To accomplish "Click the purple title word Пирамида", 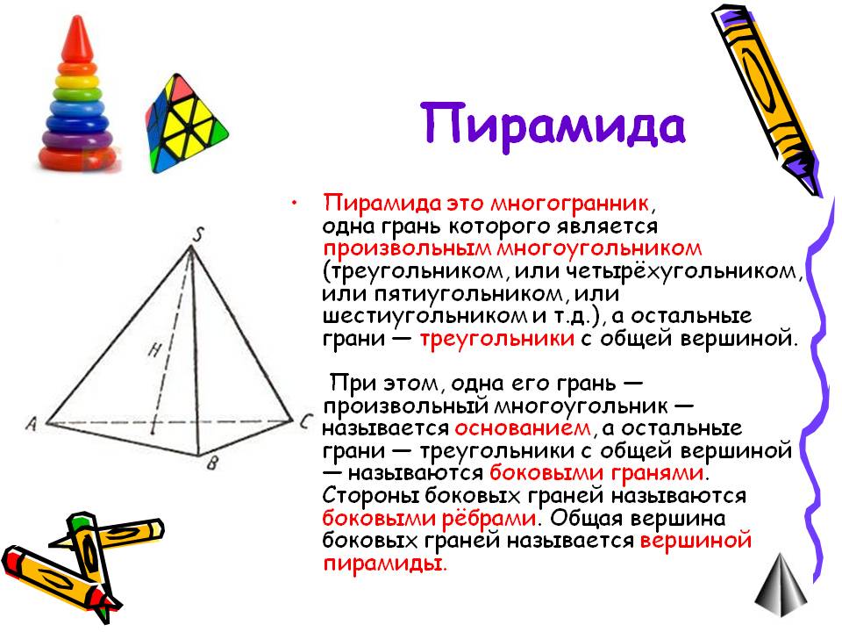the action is click(553, 126).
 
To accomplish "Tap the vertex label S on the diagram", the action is click(199, 234).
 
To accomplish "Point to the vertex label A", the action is click(32, 424).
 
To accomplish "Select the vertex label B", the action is click(212, 463).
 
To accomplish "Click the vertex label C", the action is click(305, 420).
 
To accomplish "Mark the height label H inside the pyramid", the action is click(154, 350).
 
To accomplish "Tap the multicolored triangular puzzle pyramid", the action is click(185, 123).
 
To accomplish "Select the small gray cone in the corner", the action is click(781, 585).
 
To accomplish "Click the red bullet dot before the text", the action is click(294, 203).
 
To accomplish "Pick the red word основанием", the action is click(523, 428).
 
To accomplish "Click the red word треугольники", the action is click(496, 339).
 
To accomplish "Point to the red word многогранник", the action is click(569, 204).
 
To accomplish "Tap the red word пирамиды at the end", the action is click(383, 564).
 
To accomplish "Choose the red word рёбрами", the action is click(489, 519).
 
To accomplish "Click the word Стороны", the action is click(370, 496).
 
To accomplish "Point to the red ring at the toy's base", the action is click(78, 156).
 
